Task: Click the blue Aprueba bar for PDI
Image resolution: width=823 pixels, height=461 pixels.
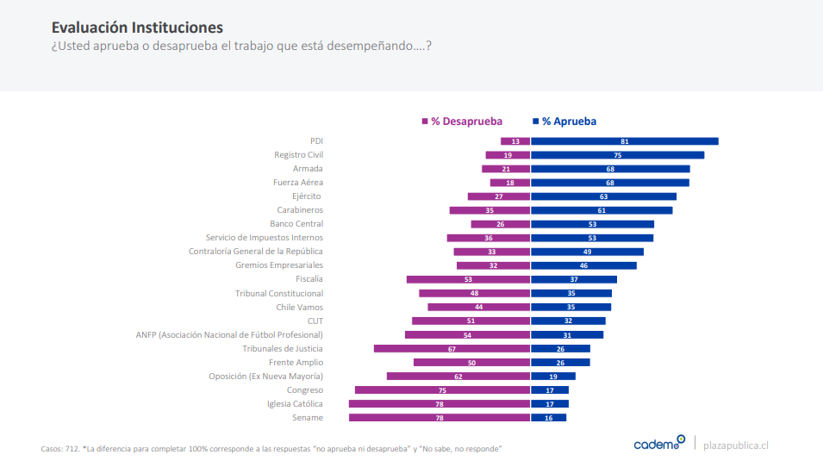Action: click(x=624, y=141)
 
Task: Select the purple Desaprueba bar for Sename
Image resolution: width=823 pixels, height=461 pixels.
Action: click(x=440, y=418)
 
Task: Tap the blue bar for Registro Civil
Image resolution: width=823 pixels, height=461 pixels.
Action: click(x=617, y=155)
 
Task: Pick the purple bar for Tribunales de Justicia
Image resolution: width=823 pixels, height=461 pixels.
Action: click(x=452, y=349)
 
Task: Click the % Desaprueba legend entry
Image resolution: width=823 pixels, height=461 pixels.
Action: click(x=462, y=121)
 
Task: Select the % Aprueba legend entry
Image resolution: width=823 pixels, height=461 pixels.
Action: click(x=565, y=121)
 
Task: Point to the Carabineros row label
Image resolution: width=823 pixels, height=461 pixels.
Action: click(x=300, y=210)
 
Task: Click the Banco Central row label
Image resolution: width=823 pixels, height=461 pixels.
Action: click(x=296, y=224)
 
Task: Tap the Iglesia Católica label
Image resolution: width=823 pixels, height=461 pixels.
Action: click(x=295, y=404)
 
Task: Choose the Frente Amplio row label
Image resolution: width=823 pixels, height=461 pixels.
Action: click(x=296, y=363)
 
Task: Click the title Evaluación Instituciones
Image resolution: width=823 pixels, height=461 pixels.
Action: click(x=137, y=28)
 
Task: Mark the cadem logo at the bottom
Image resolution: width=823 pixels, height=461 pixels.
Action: click(x=659, y=444)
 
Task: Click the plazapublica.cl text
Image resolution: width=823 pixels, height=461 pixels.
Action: click(x=736, y=445)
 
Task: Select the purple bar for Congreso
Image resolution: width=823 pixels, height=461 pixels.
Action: click(x=442, y=390)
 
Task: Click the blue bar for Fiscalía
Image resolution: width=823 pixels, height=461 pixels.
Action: click(x=573, y=279)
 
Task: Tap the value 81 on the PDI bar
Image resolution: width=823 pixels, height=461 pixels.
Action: click(x=624, y=141)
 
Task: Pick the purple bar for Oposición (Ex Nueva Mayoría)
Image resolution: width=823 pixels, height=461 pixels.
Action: click(x=458, y=377)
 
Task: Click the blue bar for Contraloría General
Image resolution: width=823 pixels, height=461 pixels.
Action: click(x=587, y=252)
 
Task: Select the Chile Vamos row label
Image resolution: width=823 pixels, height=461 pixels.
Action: click(x=299, y=308)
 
